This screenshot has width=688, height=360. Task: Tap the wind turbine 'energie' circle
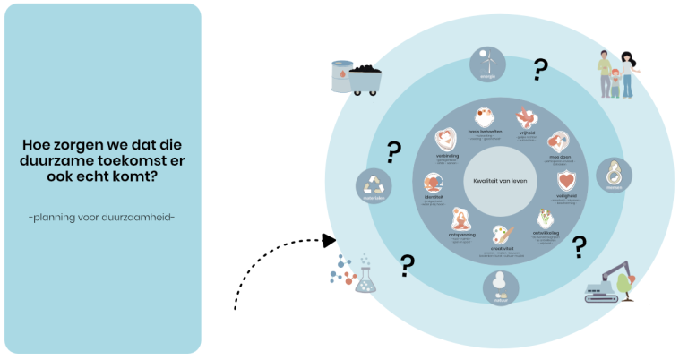pyautogui.click(x=487, y=64)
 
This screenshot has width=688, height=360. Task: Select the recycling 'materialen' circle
pyautogui.click(x=374, y=186)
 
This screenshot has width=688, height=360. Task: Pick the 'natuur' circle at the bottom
pyautogui.click(x=501, y=287)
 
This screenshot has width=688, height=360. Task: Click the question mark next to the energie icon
pyautogui.click(x=540, y=68)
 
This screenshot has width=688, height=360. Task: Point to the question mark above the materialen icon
pyautogui.click(x=393, y=152)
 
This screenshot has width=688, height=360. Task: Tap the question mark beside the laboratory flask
pyautogui.click(x=408, y=264)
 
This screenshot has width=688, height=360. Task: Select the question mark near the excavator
pyautogui.click(x=580, y=245)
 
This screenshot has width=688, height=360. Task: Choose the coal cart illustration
pyautogui.click(x=365, y=79)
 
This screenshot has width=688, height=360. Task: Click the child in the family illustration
pyautogui.click(x=615, y=83)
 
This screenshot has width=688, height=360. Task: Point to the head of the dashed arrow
pyautogui.click(x=330, y=240)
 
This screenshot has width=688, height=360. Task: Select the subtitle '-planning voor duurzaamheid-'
pyautogui.click(x=100, y=216)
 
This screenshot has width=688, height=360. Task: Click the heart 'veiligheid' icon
pyautogui.click(x=563, y=179)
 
